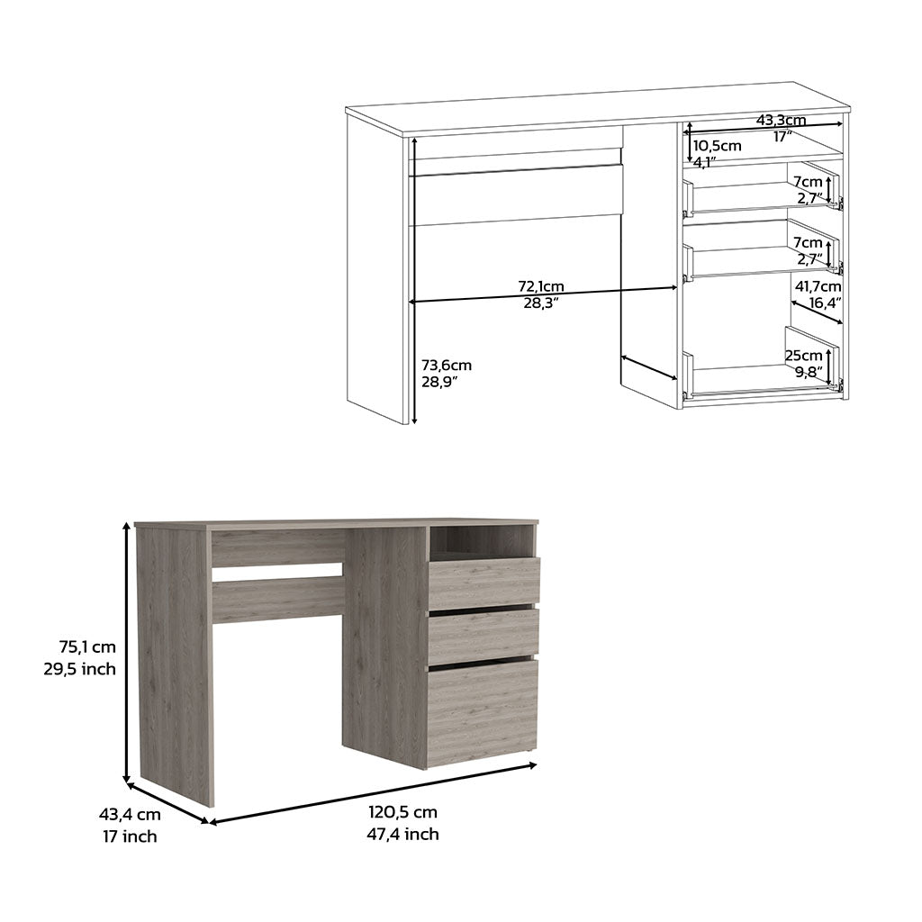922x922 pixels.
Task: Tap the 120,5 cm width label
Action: click(x=402, y=811)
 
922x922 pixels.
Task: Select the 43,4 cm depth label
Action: click(x=130, y=814)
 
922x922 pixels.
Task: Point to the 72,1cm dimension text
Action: click(x=541, y=286)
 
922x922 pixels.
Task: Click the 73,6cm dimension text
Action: click(x=447, y=365)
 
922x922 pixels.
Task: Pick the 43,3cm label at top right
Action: click(x=781, y=120)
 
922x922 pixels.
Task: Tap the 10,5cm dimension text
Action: click(x=717, y=145)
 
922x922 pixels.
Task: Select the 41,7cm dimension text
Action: click(x=818, y=286)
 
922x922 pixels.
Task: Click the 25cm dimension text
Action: click(x=803, y=355)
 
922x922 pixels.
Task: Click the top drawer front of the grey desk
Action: click(x=484, y=583)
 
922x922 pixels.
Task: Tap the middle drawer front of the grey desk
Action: click(x=484, y=635)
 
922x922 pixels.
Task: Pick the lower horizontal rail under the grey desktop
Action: click(x=277, y=600)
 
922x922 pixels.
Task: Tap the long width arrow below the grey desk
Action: click(x=373, y=792)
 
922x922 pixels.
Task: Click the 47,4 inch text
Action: click(x=402, y=834)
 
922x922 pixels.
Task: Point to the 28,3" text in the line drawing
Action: click(x=541, y=303)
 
